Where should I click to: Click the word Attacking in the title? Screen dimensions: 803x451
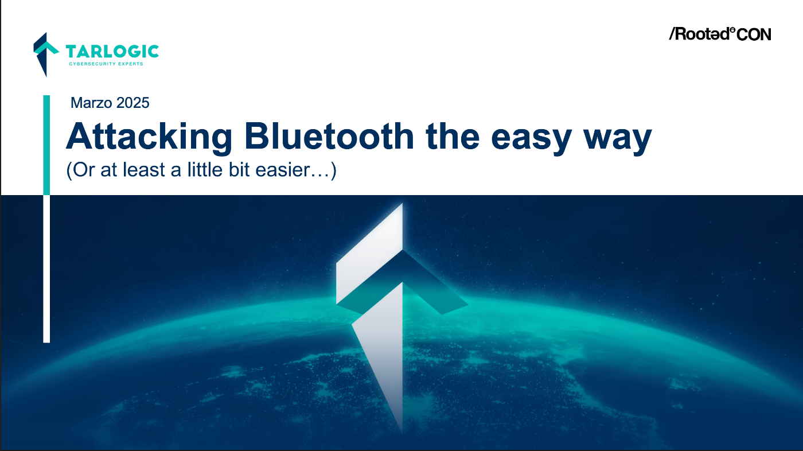150,138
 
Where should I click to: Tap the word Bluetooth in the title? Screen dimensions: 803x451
329,136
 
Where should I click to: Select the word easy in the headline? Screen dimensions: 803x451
531,141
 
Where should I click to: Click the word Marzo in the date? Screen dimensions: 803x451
91,103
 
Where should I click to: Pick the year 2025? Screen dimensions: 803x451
132,103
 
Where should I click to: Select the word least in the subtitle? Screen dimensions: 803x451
144,169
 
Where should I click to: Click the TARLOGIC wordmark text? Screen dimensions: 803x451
112,52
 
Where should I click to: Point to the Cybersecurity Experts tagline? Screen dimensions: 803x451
106,64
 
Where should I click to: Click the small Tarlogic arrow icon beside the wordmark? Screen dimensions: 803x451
46,55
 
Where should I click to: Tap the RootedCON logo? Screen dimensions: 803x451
720,34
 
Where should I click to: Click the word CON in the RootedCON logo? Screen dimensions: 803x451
754,34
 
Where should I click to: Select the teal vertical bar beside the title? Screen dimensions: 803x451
46,145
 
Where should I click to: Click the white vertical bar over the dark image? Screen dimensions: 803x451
46,269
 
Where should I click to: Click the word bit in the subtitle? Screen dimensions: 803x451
239,169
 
